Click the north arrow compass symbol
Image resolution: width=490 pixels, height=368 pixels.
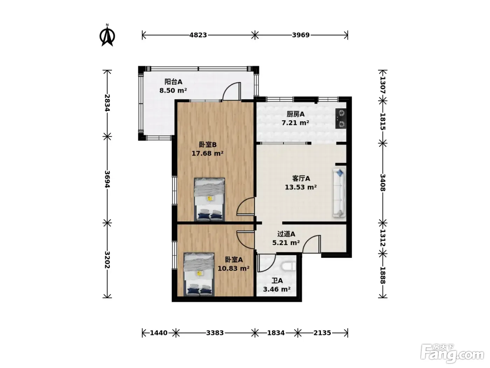pyautogui.click(x=107, y=36)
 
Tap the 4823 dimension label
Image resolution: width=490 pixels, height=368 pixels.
pyautogui.click(x=198, y=35)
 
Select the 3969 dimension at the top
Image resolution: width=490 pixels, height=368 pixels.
pyautogui.click(x=301, y=35)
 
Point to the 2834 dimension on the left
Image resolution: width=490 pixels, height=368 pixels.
pyautogui.click(x=107, y=103)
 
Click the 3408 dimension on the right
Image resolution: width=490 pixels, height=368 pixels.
pyautogui.click(x=383, y=183)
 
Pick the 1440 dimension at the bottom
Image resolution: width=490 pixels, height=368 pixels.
pyautogui.click(x=159, y=333)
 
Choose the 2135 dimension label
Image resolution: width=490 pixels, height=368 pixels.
pyautogui.click(x=322, y=333)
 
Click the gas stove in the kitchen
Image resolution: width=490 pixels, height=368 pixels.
pyautogui.click(x=341, y=118)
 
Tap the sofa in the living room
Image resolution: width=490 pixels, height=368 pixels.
pyautogui.click(x=339, y=193)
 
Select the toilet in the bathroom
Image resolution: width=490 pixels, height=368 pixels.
pyautogui.click(x=289, y=267)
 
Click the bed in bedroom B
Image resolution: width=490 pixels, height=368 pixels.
pyautogui.click(x=209, y=199)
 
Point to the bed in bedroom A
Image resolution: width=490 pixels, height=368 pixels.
pyautogui.click(x=199, y=274)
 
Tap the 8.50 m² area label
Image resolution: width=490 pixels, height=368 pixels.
pyautogui.click(x=173, y=90)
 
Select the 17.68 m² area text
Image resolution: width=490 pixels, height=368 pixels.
pyautogui.click(x=208, y=154)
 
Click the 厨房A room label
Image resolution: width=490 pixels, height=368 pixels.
pyautogui.click(x=295, y=114)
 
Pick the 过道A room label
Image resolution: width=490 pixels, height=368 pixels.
pyautogui.click(x=286, y=234)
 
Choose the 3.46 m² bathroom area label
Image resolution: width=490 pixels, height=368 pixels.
pyautogui.click(x=277, y=289)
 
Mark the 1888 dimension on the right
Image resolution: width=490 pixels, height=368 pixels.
pyautogui.click(x=383, y=275)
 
